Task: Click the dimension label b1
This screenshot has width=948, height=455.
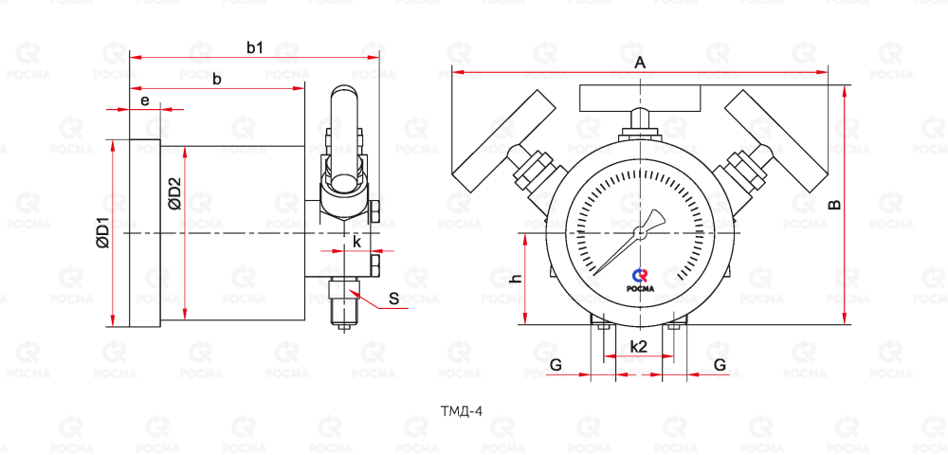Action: pos(254,46)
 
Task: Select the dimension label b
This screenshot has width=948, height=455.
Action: pos(217,79)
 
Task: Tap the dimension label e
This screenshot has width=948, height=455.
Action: pos(145,100)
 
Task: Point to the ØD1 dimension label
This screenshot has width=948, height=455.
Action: pos(103,232)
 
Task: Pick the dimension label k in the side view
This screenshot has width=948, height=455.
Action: pos(356,242)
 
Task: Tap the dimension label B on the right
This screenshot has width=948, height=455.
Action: pos(834,204)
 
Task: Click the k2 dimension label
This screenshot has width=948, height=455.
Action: pos(638,347)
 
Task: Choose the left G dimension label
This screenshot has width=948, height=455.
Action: pos(556,364)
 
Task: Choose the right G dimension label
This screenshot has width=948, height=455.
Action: pos(720,364)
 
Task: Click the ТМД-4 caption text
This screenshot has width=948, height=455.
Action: pos(462,411)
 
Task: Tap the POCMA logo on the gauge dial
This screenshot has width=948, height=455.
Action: pos(641,281)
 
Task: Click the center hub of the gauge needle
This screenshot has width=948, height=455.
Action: pos(640,230)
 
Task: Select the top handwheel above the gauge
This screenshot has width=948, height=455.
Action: pos(641,98)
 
